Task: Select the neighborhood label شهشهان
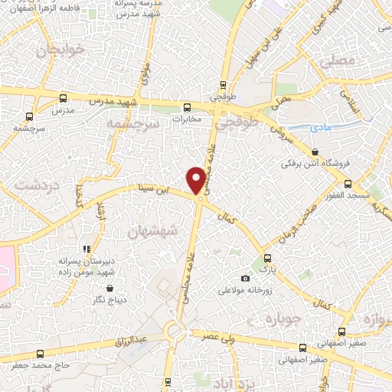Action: tap(153, 230)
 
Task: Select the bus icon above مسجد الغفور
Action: tap(348, 184)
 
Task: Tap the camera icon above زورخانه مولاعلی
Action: tap(245, 278)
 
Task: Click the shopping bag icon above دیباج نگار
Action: tap(111, 288)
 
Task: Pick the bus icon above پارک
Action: tap(266, 258)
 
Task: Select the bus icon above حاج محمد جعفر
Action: tap(40, 353)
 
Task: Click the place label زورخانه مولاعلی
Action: tap(247, 290)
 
